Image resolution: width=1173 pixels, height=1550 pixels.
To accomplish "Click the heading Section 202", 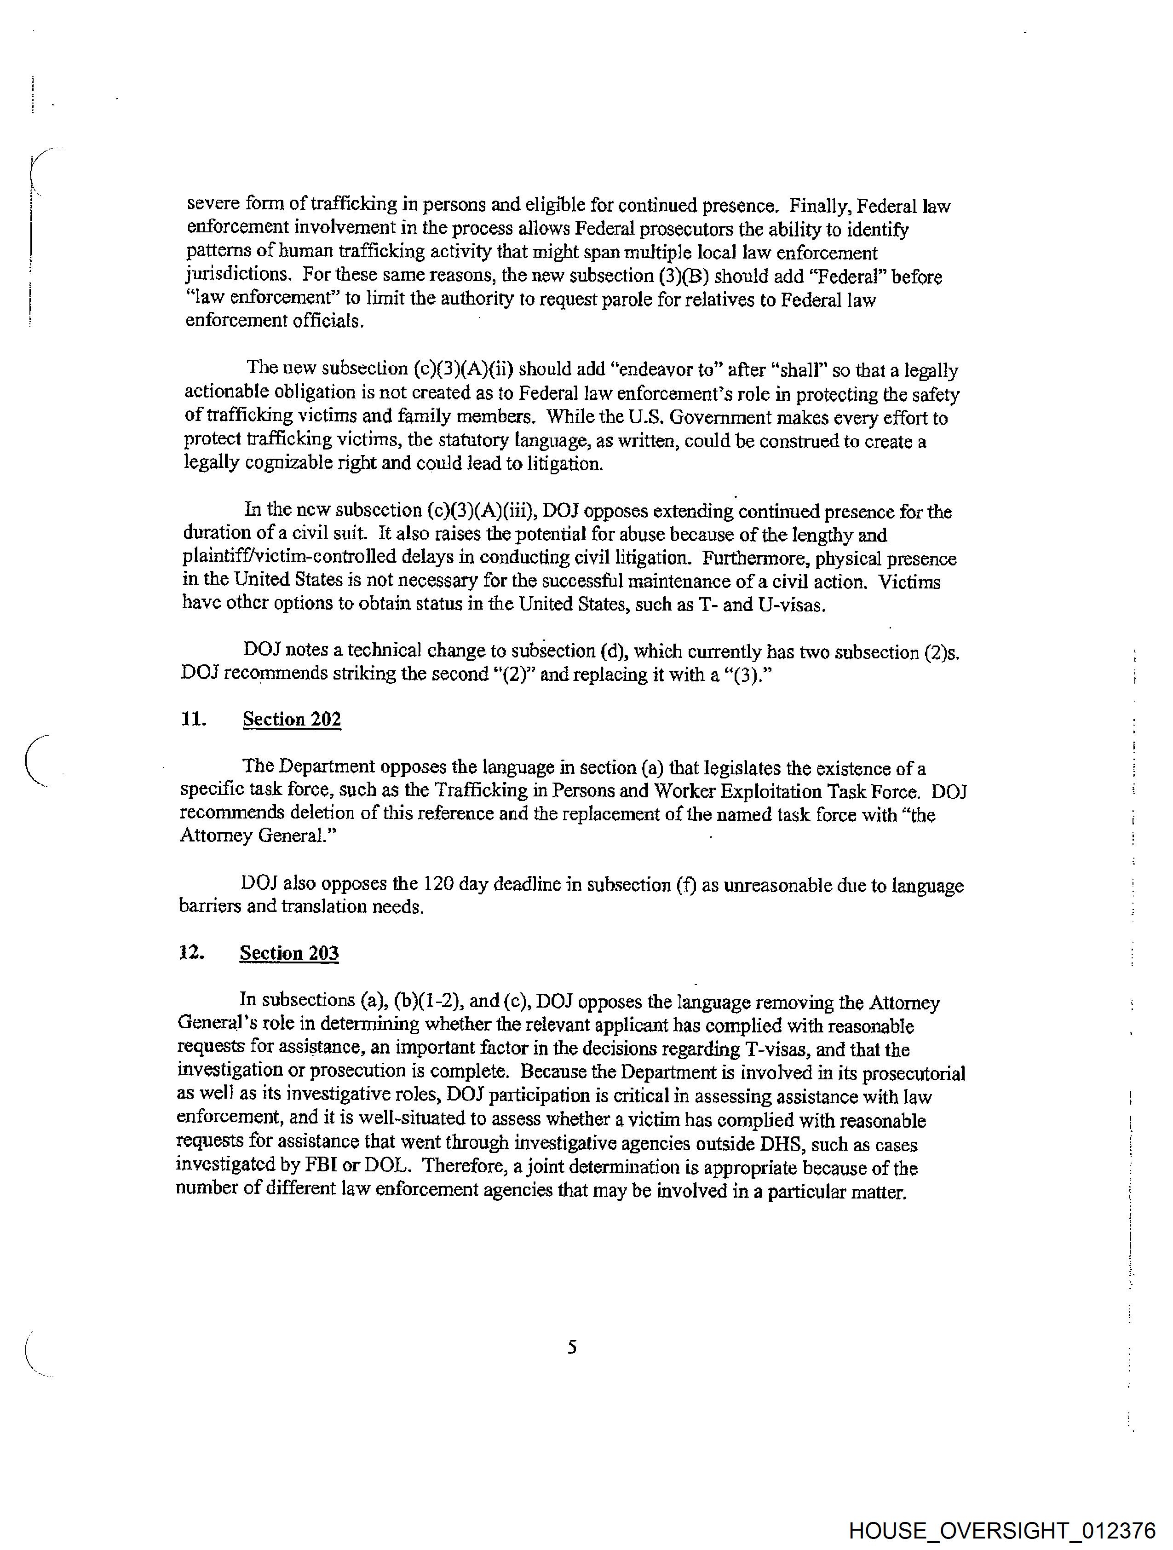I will click(x=292, y=720).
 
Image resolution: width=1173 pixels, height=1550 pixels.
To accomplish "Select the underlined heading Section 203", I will click(x=289, y=953).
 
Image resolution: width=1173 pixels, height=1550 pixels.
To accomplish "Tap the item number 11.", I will click(x=193, y=719).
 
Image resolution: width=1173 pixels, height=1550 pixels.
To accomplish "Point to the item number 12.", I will click(x=191, y=952).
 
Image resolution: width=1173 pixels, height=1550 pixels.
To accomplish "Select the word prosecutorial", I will click(x=913, y=1073).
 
